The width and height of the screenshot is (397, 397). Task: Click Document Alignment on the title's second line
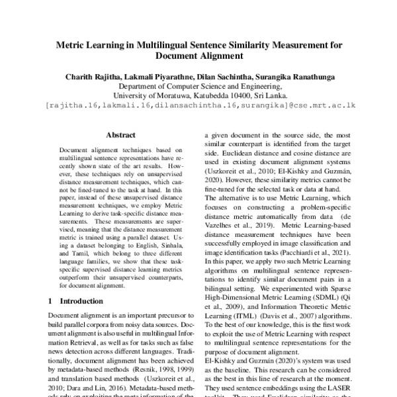coord(198,60)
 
